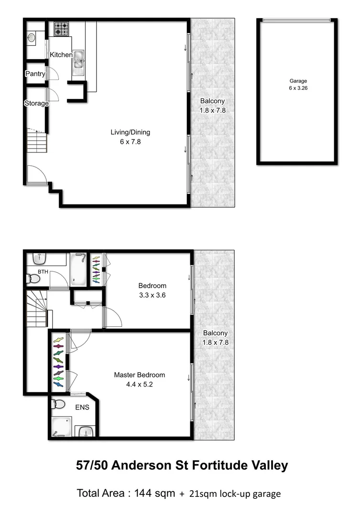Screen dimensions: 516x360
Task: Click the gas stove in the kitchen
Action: point(61,29)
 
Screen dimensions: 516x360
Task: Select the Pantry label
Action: point(35,74)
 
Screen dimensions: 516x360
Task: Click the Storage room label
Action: point(36,103)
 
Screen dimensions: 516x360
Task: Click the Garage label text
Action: point(298,81)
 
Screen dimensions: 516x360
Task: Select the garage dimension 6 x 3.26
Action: point(298,88)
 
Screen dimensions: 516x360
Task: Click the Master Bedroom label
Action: point(139,375)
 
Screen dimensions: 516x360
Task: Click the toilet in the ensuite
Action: point(59,404)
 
